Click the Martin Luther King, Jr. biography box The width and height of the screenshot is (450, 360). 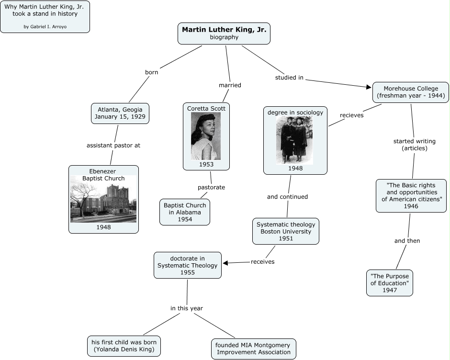coord(224,33)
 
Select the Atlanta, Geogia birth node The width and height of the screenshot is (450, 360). coord(120,113)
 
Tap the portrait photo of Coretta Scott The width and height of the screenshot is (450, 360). coord(206,136)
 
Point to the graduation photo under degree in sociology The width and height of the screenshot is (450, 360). coord(294,140)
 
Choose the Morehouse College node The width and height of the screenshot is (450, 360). coord(411,92)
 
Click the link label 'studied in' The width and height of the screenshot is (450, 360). coord(289,78)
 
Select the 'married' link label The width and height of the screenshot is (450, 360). coord(230,85)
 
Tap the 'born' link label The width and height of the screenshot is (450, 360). coord(151,72)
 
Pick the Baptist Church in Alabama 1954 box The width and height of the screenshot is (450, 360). coord(184,212)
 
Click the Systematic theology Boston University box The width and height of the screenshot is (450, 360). coord(286,231)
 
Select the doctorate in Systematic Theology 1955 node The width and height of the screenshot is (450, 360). coord(187,265)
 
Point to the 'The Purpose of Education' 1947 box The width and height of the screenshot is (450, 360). coord(389,283)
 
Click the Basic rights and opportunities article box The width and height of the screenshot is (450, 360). coord(411,195)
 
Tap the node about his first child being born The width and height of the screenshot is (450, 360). coord(124,346)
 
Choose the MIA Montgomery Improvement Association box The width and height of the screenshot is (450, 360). coord(253,349)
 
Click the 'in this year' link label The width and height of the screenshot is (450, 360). coord(187,308)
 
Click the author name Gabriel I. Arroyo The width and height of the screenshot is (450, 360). coord(45,26)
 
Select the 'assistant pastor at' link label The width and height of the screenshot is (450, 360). coord(113,145)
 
